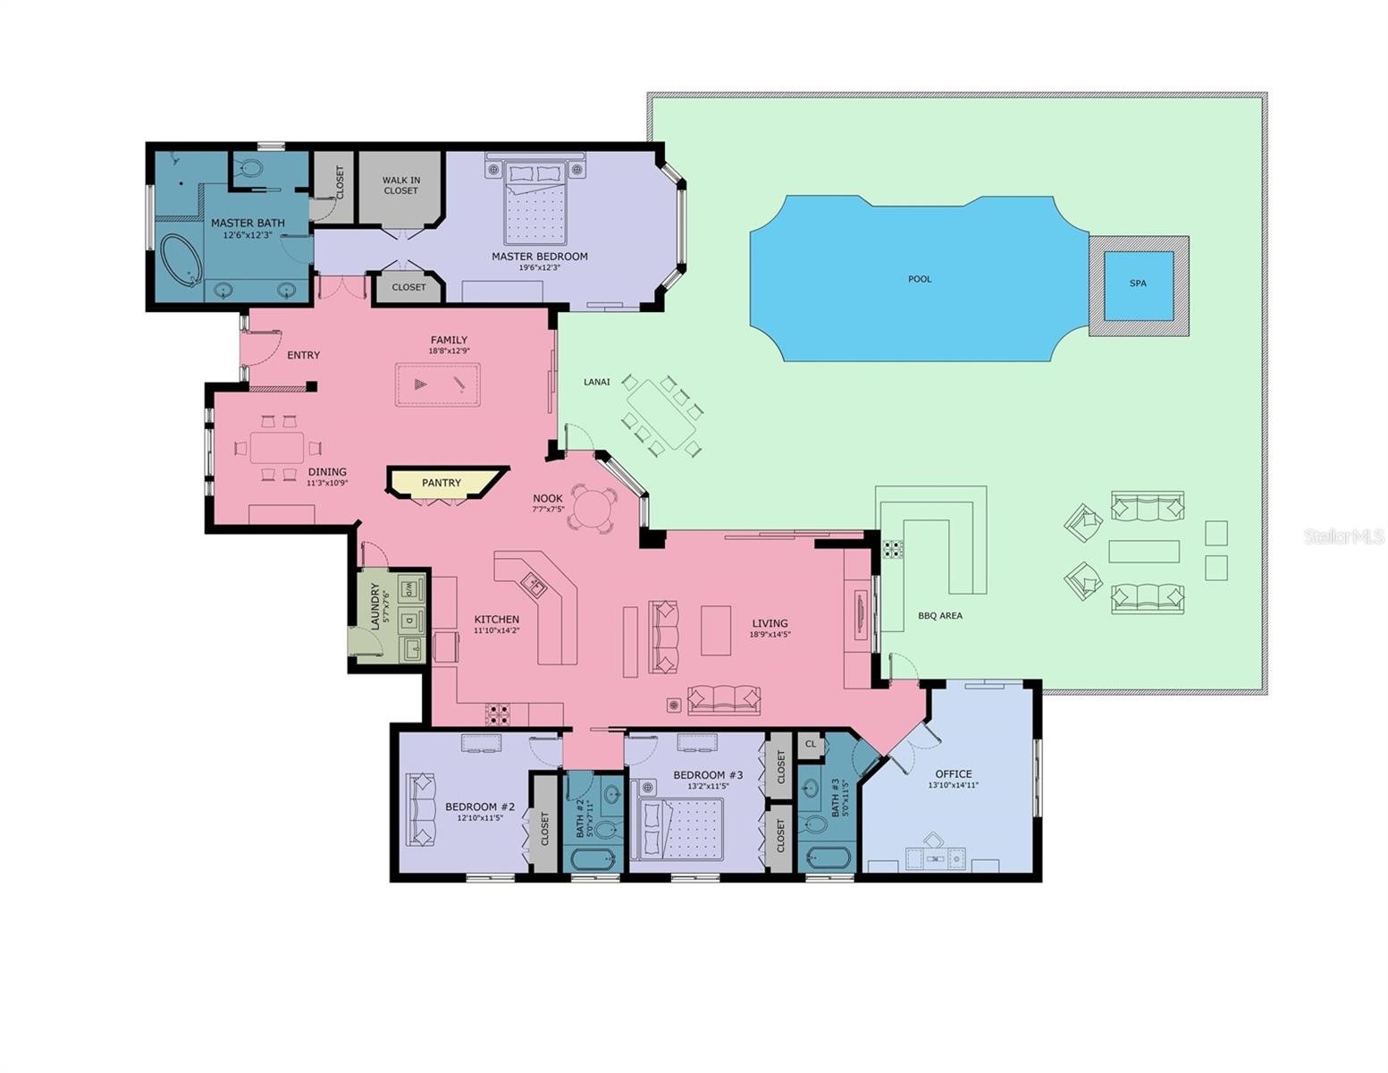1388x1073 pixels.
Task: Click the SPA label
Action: point(1137,283)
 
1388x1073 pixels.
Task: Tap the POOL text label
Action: point(919,279)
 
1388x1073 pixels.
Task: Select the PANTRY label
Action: point(441,483)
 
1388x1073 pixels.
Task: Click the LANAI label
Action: point(597,382)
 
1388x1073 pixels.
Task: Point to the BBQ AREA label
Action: point(939,616)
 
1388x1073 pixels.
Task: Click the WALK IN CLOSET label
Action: point(400,185)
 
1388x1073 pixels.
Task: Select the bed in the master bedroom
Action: point(534,203)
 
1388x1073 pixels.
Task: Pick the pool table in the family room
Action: point(438,384)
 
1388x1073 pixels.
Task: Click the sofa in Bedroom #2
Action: point(421,810)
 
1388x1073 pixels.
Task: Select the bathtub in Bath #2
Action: point(593,859)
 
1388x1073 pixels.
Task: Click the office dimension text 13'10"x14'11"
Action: point(953,785)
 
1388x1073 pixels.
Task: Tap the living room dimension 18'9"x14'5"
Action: point(770,635)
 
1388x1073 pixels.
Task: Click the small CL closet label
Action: point(810,745)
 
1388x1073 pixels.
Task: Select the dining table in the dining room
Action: point(276,447)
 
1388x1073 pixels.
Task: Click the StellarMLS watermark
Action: point(1344,536)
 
